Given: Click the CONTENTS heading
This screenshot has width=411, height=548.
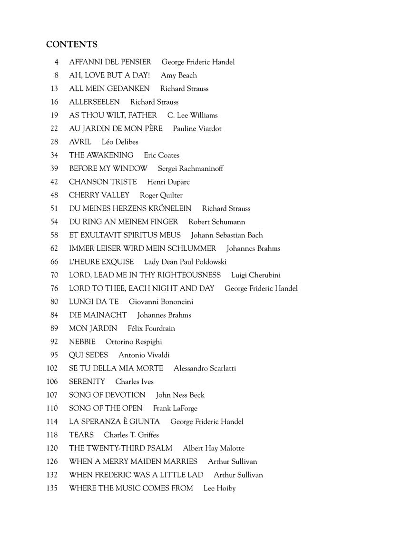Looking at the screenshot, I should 72,45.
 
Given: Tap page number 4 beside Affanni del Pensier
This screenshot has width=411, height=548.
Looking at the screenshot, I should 57,62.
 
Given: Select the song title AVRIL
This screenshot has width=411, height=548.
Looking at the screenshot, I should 80,142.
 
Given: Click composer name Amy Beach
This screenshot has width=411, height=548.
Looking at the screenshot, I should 179,75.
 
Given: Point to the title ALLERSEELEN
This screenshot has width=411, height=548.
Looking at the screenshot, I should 94,102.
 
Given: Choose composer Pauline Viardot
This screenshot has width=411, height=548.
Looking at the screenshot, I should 197,128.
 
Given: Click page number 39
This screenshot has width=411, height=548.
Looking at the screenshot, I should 54,168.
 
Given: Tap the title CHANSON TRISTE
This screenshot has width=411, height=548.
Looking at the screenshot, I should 103,182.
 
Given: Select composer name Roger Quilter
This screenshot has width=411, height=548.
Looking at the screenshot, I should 161,195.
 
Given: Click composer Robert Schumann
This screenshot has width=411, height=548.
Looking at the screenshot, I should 217,222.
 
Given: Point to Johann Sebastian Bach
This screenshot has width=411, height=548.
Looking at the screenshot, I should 227,235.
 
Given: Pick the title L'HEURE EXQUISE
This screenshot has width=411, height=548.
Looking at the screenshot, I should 101,262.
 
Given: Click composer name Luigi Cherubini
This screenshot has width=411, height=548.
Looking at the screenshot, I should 256,275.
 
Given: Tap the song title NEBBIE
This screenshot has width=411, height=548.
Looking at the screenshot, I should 82,342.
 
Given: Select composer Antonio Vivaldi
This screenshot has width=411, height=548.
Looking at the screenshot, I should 144,355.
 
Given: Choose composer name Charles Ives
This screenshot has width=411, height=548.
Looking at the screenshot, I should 135,382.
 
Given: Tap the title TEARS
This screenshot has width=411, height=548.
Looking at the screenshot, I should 81,435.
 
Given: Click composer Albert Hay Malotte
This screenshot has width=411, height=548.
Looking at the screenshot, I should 214,448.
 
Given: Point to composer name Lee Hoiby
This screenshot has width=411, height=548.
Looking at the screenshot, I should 219,488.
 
